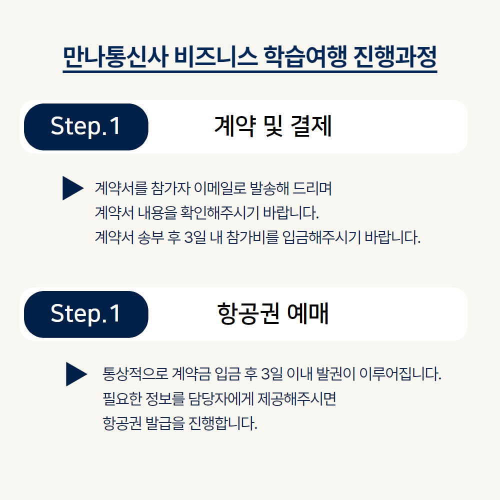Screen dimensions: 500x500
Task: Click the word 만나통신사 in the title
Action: coord(116,57)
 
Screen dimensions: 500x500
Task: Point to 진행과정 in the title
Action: coord(394,57)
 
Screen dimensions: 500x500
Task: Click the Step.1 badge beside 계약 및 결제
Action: coord(86,126)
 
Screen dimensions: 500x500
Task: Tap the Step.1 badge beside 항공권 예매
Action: coord(86,314)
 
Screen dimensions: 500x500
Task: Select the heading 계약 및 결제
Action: coord(273,126)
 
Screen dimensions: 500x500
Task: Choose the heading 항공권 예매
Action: coord(273,314)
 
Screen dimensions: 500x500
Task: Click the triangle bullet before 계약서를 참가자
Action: coord(72,188)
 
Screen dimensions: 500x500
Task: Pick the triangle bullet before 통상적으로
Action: coord(76,374)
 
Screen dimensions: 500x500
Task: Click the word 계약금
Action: coord(189,374)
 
